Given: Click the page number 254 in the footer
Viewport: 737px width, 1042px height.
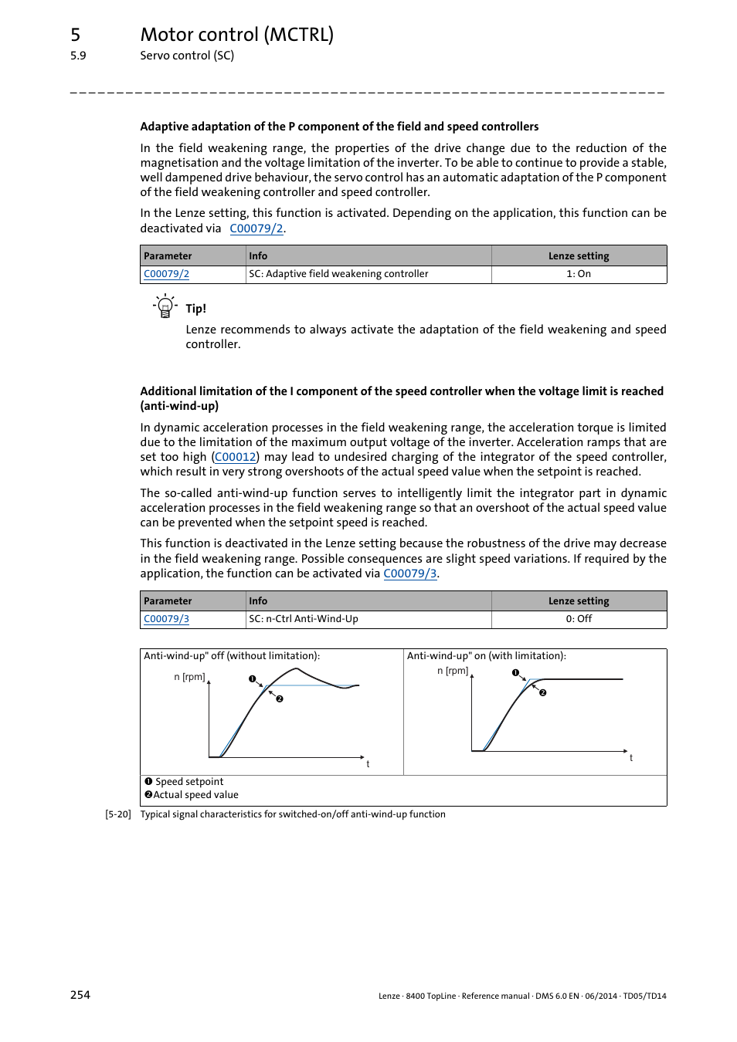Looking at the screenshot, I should point(80,995).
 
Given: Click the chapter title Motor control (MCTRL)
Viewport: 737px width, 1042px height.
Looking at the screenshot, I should point(236,35).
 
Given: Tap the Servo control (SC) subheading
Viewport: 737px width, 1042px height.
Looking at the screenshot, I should point(187,56).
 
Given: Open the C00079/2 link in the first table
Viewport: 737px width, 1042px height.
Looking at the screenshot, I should point(166,274).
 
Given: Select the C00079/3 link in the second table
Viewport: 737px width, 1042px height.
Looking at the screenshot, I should point(166,619).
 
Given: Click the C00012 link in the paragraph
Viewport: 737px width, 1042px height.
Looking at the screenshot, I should point(236,457).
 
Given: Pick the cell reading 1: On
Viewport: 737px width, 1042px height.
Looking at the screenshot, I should point(579,274).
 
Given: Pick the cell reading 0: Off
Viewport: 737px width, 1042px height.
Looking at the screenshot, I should point(579,619).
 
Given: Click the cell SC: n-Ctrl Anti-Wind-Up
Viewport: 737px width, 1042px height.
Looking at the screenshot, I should point(304,619).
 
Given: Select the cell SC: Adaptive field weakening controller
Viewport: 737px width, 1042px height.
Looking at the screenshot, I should point(338,274).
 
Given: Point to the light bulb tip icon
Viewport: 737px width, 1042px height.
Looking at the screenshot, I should point(165,306).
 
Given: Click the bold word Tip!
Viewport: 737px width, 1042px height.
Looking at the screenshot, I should point(195,309).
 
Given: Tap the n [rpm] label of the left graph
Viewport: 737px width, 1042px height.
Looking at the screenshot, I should point(189,677).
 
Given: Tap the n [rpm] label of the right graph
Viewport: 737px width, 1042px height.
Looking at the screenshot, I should point(453,671).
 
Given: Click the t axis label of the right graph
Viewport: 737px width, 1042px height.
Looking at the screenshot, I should point(631,758).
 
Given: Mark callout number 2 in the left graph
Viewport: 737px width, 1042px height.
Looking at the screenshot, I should point(280,699).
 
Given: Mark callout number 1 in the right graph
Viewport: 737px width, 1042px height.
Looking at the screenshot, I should point(515,672).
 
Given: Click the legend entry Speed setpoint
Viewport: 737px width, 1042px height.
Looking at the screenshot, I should point(189,782).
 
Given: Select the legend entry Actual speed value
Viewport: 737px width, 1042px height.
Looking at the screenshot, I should point(195,795).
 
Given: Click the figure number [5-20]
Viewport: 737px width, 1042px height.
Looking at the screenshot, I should point(118,814).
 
